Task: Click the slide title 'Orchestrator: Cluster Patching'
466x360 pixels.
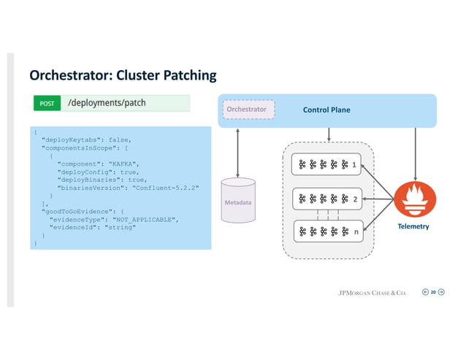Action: coord(123,76)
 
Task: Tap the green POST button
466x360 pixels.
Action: coord(47,104)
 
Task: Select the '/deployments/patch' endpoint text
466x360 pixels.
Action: coord(107,103)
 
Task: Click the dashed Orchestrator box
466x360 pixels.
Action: coord(248,110)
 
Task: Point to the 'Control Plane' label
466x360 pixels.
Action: coord(326,110)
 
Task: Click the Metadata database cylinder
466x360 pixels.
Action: coord(238,198)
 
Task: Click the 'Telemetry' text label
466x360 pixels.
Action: coord(413,226)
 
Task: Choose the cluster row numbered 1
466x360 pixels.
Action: coord(326,165)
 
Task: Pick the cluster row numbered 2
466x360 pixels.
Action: coord(326,198)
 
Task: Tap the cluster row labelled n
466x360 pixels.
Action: coord(326,232)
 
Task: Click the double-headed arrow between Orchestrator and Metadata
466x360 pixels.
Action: coord(238,150)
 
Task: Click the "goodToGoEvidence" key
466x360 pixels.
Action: coord(77,210)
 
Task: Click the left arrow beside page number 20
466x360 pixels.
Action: coord(424,293)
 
